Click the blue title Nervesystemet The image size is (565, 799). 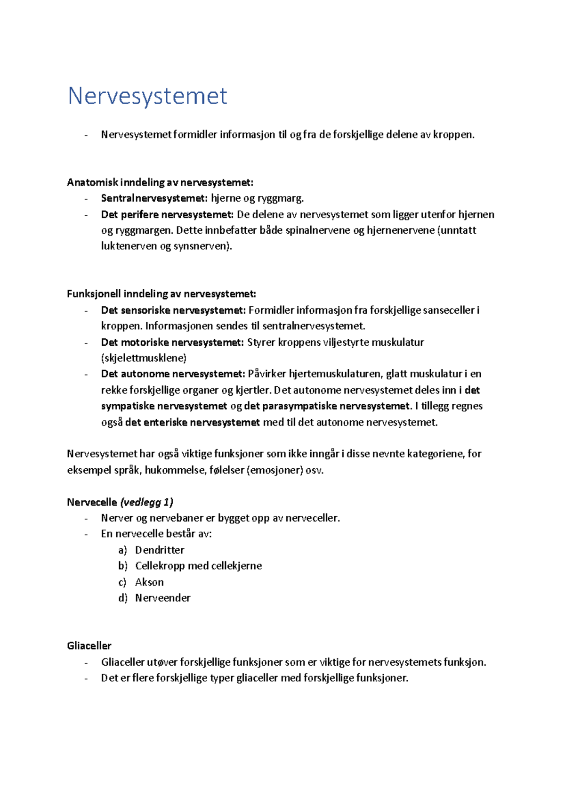click(147, 96)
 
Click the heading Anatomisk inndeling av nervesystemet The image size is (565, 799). click(160, 182)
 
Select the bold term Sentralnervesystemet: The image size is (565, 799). click(154, 198)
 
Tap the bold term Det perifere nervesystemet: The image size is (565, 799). click(167, 215)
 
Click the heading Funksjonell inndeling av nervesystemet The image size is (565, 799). click(161, 294)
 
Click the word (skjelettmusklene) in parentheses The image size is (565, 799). click(144, 358)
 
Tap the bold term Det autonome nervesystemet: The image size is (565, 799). click(173, 374)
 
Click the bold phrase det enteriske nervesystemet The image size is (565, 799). click(192, 423)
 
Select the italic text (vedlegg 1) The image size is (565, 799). click(147, 502)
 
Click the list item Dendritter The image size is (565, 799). click(160, 550)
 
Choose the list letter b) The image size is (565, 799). click(123, 566)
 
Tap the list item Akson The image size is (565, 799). click(149, 582)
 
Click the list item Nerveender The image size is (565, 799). click(162, 598)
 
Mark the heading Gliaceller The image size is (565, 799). click(89, 646)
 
